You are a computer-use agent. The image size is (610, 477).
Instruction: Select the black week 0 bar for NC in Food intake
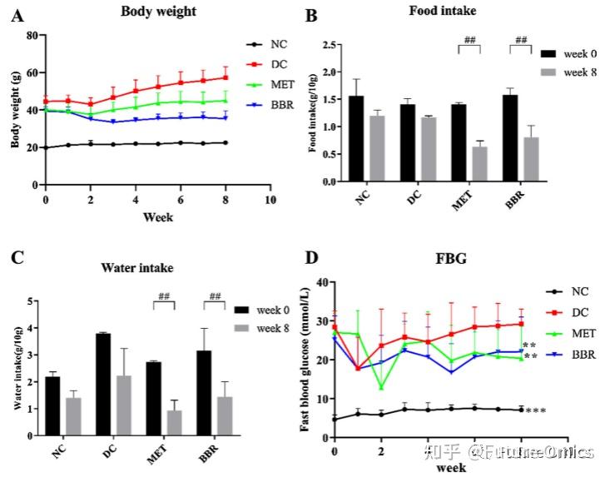[x=356, y=138]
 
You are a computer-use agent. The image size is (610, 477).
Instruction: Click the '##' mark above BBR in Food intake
[x=522, y=40]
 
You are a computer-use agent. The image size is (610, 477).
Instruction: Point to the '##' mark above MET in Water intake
[x=165, y=296]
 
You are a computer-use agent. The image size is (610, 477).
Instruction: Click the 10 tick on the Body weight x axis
[x=270, y=201]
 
